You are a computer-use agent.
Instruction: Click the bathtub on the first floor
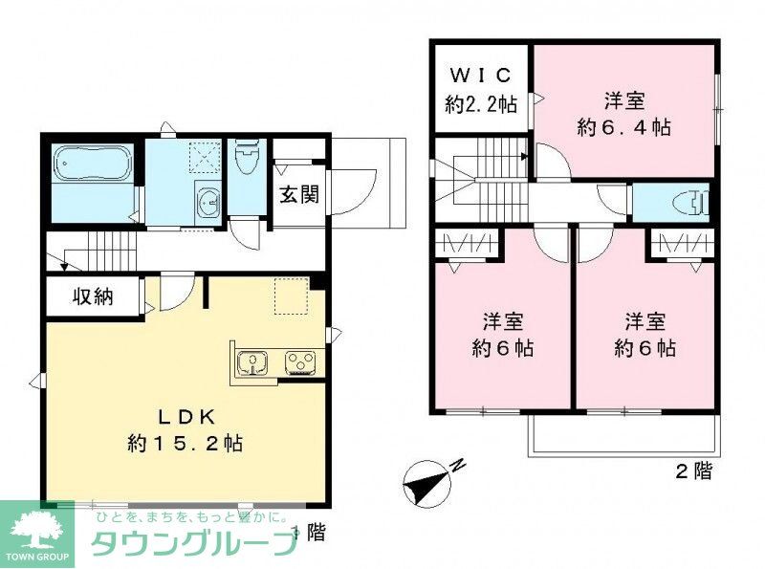(92, 164)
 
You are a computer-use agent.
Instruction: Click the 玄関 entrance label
(297, 195)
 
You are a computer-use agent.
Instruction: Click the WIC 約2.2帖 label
(481, 90)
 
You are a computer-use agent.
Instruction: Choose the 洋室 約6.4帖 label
(623, 115)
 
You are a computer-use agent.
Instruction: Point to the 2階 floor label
(694, 471)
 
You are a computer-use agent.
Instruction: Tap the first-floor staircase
(100, 253)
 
